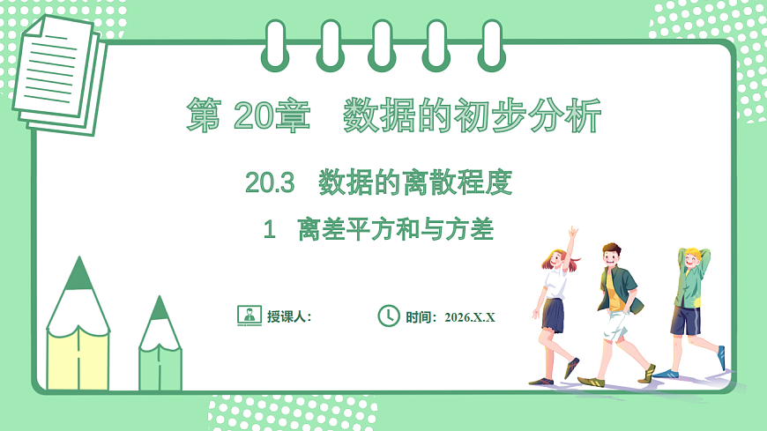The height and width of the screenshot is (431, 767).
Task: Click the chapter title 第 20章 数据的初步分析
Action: [393, 115]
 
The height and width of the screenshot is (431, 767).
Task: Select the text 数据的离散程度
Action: [414, 183]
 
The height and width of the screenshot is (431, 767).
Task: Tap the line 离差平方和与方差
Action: [395, 231]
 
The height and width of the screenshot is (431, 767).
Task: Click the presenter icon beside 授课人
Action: [249, 316]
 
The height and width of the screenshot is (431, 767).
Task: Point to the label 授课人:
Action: [289, 316]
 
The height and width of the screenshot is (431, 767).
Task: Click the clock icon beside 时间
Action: [389, 316]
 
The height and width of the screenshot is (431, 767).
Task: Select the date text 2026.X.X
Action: [470, 316]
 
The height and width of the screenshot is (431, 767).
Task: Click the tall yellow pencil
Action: [78, 335]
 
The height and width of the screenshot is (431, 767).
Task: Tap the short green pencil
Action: [160, 348]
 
